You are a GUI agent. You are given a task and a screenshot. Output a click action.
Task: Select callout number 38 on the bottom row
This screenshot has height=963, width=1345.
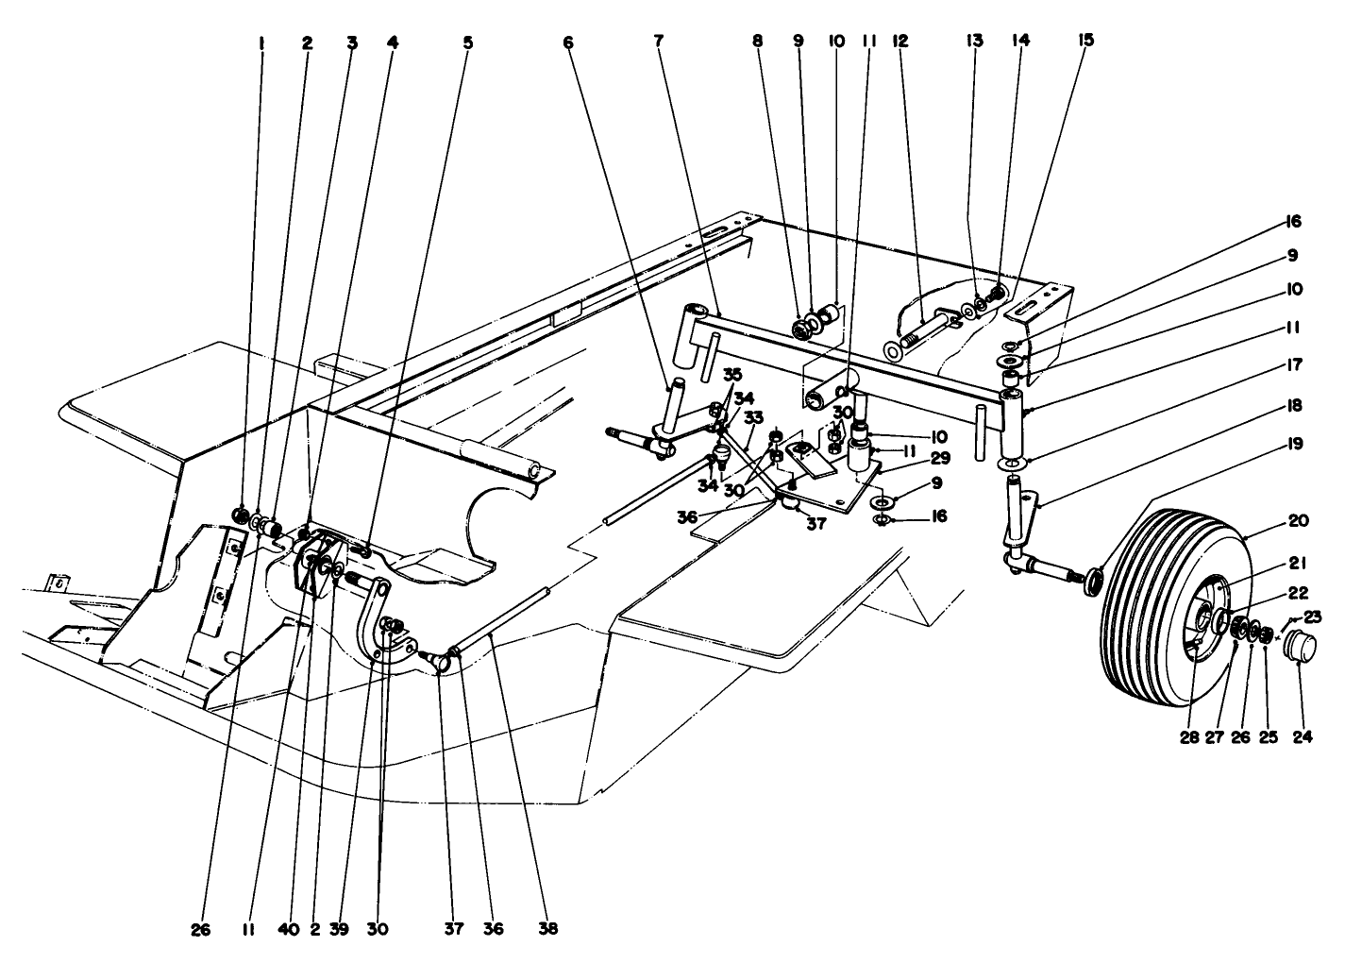pyautogui.click(x=547, y=929)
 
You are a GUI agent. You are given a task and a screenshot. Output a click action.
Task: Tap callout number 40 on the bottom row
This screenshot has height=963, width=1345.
pyautogui.click(x=289, y=929)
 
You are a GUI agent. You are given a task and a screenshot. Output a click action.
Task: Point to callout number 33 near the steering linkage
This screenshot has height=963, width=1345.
pyautogui.click(x=753, y=416)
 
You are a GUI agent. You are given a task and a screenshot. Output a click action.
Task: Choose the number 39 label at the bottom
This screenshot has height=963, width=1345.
pyautogui.click(x=340, y=929)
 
